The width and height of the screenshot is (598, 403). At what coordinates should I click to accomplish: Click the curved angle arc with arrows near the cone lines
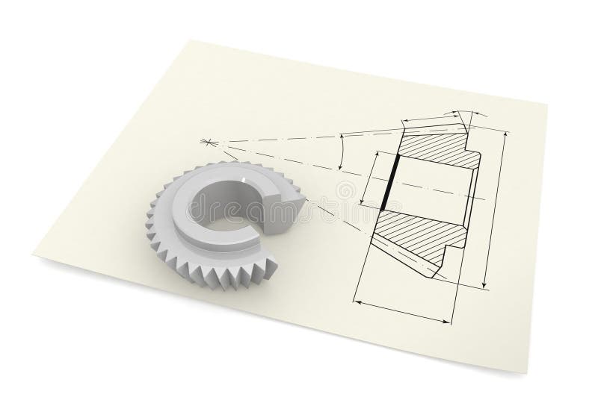pos(339,154)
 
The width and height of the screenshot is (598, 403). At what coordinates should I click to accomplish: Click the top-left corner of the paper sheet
pos(185,42)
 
